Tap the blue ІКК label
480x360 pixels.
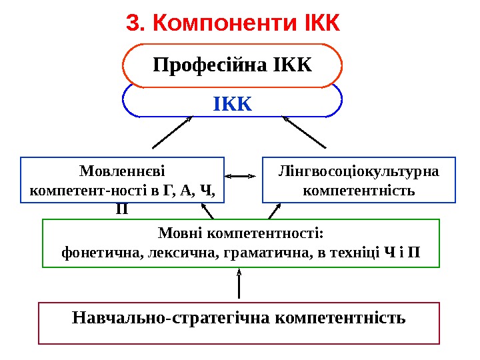233,105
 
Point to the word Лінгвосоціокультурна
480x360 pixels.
358,171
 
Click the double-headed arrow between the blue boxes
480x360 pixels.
241,177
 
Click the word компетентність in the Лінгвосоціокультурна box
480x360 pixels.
359,191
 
